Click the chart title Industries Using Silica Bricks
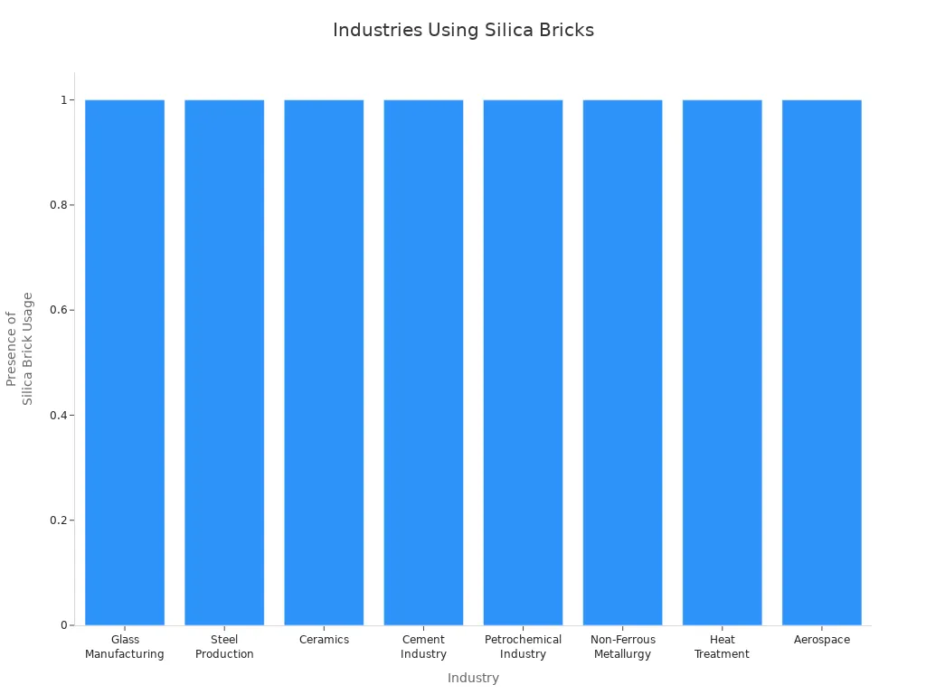(463, 30)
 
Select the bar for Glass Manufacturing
(125, 361)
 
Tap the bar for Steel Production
(224, 361)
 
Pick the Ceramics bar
(324, 361)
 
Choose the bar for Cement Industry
(423, 361)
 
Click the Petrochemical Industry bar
(523, 361)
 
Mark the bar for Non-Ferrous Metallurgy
(622, 361)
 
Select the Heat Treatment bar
(722, 361)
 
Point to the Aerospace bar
(821, 361)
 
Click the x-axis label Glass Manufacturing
(125, 647)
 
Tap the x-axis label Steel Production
(224, 647)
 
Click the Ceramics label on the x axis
(324, 640)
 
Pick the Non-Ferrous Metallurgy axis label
(622, 647)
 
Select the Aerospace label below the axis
(821, 640)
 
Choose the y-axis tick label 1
(63, 99)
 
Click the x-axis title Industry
(473, 678)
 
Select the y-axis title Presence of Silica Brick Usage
(19, 349)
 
